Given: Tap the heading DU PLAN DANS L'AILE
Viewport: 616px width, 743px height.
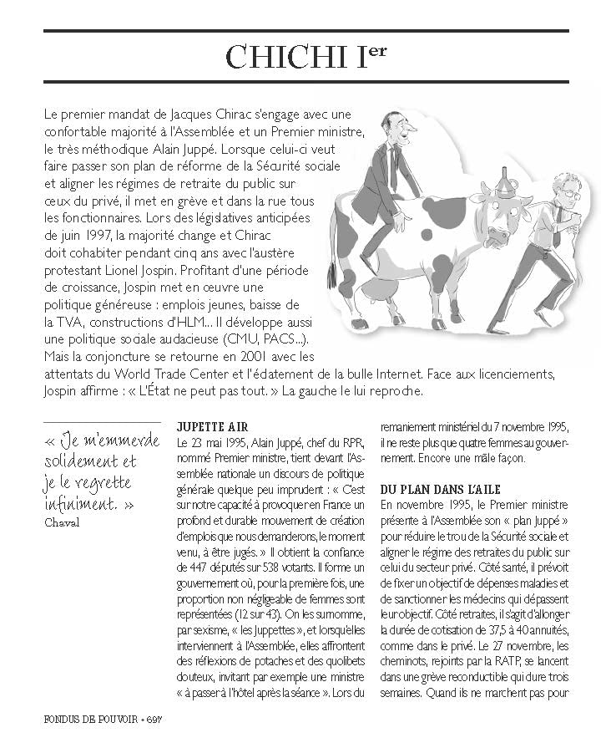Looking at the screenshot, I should click(440, 489).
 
